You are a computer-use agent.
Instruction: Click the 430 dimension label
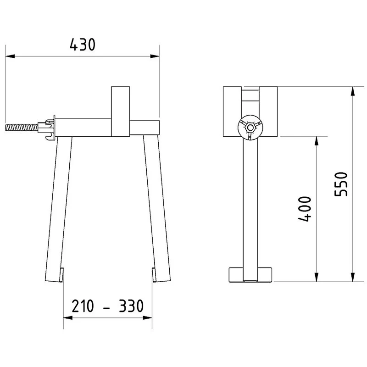[x=83, y=44]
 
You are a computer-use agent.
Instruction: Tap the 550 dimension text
[x=341, y=184]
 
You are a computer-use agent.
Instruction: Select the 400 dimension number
[x=305, y=209]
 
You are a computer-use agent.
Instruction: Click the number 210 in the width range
[x=83, y=306]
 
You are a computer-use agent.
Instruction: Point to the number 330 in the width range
[x=131, y=306]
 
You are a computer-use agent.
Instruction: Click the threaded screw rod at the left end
[x=22, y=128]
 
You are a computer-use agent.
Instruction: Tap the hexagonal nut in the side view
[x=250, y=128]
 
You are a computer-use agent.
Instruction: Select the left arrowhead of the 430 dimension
[x=10, y=56]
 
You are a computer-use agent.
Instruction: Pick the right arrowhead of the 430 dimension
[x=155, y=56]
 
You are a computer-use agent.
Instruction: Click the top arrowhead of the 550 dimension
[x=352, y=91]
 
